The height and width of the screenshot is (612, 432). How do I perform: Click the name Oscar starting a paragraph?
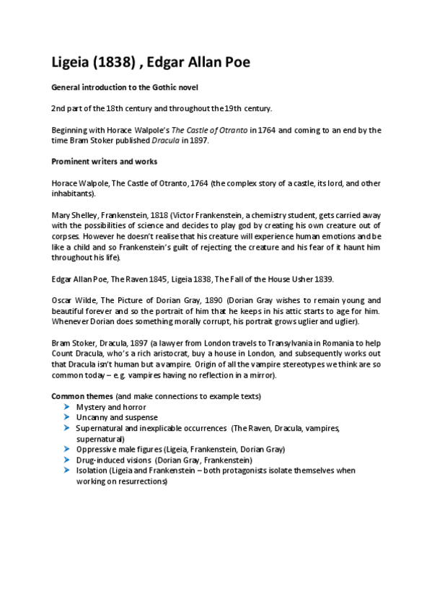pyautogui.click(x=63, y=300)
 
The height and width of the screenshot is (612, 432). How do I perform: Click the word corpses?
pyautogui.click(x=68, y=236)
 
